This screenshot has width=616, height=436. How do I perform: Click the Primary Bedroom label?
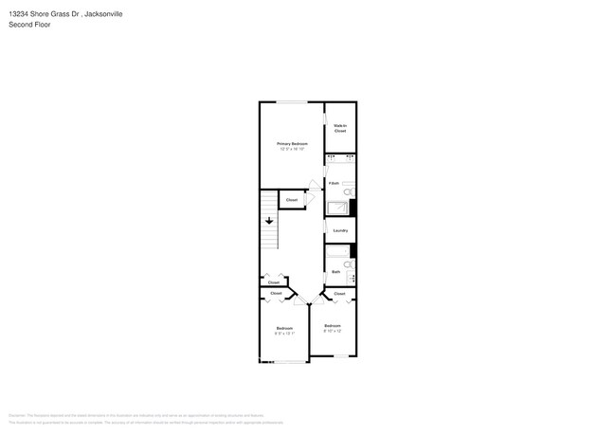293,143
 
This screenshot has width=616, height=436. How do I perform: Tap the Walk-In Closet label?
340,128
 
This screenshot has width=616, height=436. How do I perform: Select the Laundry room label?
341,230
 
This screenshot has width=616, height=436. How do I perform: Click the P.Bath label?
334,182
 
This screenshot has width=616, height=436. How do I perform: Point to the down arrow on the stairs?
270,221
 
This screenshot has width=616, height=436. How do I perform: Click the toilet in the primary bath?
348,191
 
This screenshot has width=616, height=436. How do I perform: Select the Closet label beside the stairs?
292,200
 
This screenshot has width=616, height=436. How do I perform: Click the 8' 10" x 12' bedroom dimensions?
333,331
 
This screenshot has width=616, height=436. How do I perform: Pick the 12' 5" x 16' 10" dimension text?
293,149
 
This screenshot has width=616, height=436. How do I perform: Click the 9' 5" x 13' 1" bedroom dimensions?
284,334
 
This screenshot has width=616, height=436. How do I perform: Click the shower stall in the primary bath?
337,209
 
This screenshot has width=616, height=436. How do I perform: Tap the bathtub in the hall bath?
337,255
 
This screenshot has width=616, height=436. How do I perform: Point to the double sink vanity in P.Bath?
340,157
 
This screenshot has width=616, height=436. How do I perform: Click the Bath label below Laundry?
335,272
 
